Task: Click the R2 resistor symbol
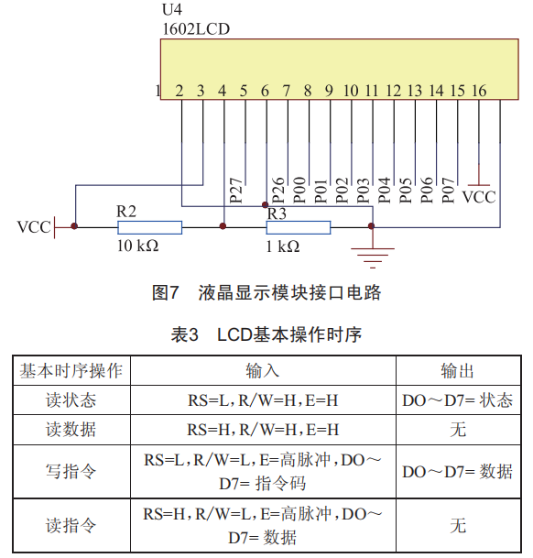point(150,227)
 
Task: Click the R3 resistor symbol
point(299,227)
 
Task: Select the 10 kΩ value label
point(137,246)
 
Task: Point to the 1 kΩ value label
point(283,246)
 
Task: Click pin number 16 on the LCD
point(479,91)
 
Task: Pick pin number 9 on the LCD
point(329,91)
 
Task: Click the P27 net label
point(236,191)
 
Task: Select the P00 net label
point(299,190)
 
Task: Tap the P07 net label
point(449,191)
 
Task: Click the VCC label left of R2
point(34,227)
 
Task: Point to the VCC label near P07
point(479,197)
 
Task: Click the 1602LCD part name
point(196,29)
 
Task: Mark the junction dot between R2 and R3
point(223,226)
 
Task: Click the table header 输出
point(458,371)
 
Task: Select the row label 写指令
point(71,472)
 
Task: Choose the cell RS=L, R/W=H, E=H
point(263,400)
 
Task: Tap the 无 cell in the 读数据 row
point(458,430)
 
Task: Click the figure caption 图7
point(165,293)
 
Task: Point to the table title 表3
point(184,334)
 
